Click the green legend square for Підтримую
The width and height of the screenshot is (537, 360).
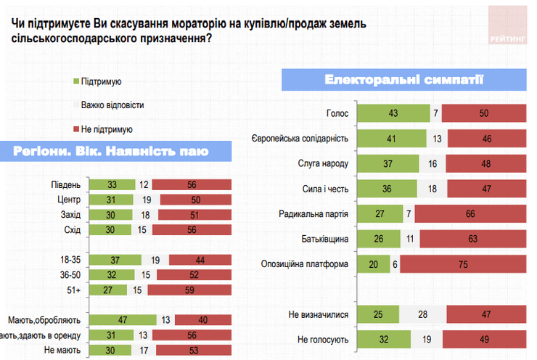click(77, 82)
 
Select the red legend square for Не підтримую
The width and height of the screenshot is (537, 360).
click(77, 128)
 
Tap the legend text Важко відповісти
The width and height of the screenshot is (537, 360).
click(112, 105)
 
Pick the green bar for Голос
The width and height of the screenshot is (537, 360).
click(393, 114)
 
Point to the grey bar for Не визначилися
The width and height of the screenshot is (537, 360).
click(422, 315)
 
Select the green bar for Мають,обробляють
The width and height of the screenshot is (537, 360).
click(124, 319)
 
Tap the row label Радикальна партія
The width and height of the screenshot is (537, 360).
click(314, 214)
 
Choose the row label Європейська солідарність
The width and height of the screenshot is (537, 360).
click(300, 139)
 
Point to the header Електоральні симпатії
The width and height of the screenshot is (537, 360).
click(404, 79)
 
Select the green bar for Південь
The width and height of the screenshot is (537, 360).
click(112, 184)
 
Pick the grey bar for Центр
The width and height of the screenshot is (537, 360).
click(146, 200)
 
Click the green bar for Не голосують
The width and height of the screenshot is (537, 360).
click(384, 340)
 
